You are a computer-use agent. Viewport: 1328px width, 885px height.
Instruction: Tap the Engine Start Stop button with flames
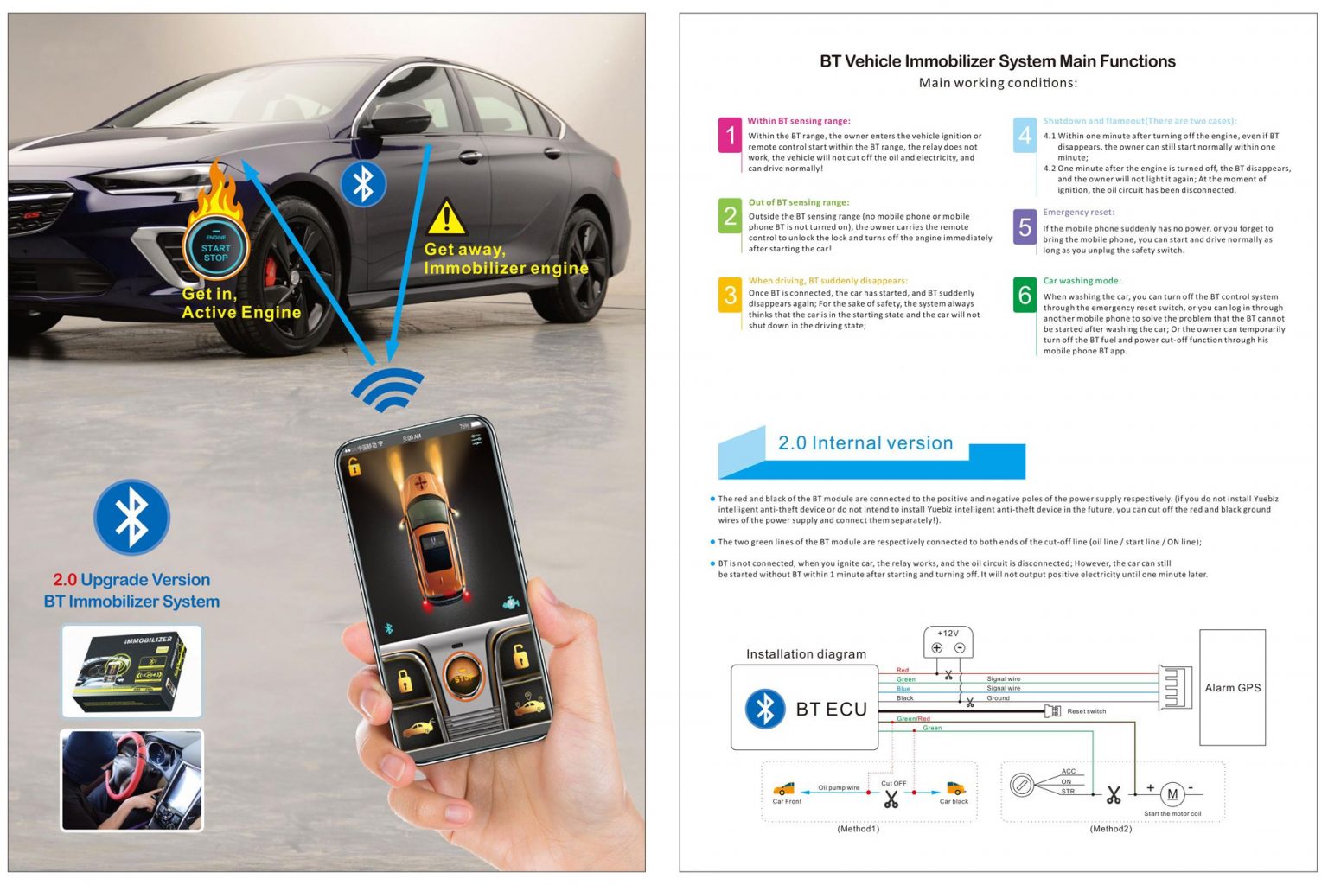click(216, 248)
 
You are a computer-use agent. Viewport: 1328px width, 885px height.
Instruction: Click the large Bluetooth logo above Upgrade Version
click(131, 517)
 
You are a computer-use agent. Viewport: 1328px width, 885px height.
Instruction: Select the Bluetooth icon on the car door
click(363, 183)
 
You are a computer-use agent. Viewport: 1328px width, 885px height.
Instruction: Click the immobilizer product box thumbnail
click(131, 672)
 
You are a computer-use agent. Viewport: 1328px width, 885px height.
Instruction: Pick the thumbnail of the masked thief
click(131, 780)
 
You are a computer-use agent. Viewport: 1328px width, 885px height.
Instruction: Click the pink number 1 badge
click(730, 136)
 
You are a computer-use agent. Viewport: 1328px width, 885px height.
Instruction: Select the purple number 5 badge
click(1025, 227)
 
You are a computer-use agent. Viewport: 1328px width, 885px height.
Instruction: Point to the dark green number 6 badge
click(1025, 296)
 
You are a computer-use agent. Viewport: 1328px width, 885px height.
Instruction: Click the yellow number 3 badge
click(730, 295)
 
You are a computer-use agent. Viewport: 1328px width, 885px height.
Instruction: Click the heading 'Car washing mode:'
click(1082, 281)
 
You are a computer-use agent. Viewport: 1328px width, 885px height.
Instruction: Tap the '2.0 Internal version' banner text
click(865, 443)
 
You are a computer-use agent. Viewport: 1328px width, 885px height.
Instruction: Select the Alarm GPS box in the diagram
click(1232, 688)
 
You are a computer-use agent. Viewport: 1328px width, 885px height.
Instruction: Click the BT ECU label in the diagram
click(831, 710)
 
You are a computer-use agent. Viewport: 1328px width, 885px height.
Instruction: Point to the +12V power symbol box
click(948, 642)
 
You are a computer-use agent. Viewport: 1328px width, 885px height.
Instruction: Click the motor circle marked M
click(1172, 794)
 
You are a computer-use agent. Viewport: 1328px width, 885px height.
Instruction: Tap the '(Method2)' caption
click(1110, 829)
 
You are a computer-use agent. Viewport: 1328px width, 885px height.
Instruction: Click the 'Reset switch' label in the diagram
click(1086, 711)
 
